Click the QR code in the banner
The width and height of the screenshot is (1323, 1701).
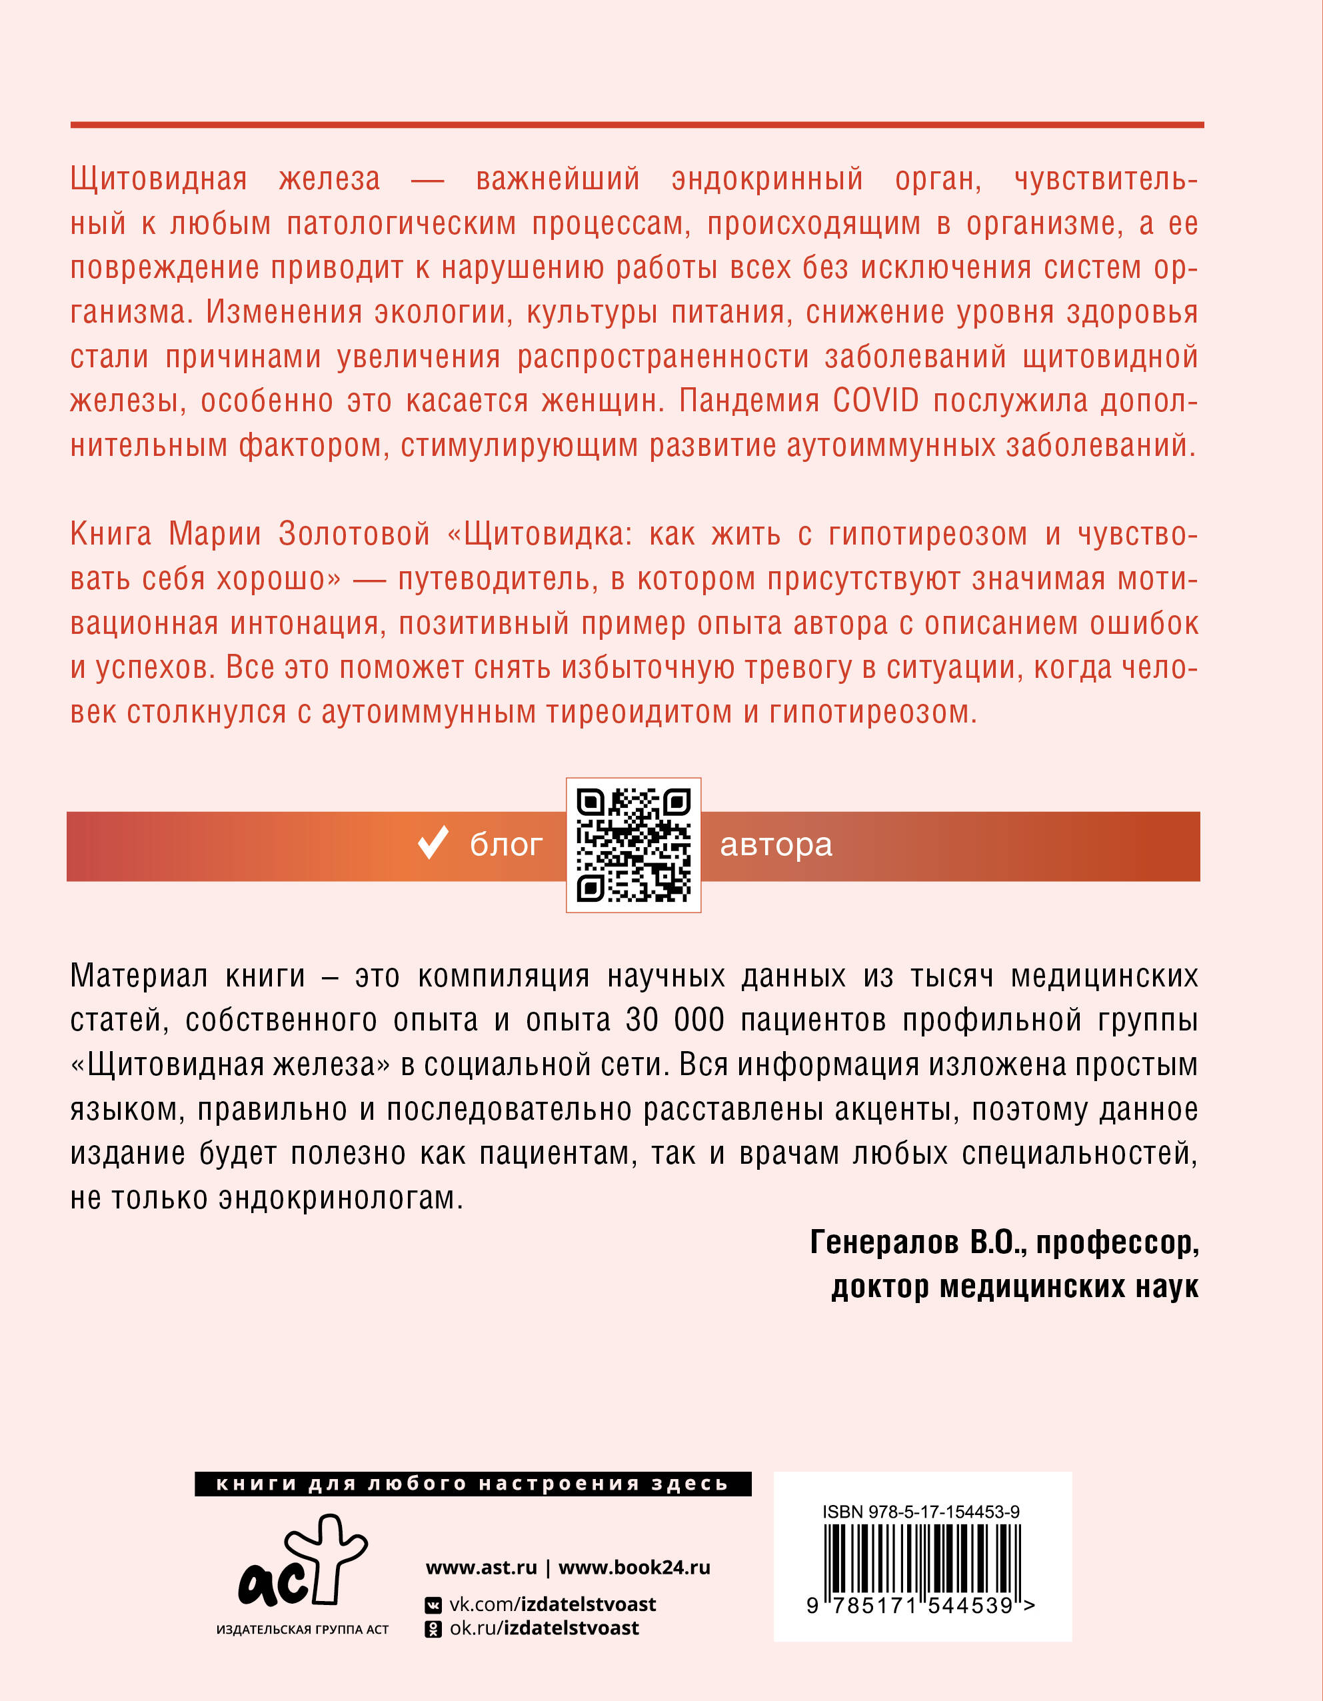[x=633, y=845]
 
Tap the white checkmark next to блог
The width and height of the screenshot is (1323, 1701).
[x=433, y=843]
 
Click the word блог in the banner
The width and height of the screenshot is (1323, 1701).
[x=506, y=845]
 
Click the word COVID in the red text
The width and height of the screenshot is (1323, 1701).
[x=875, y=401]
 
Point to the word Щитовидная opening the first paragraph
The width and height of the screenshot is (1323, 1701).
[x=159, y=180]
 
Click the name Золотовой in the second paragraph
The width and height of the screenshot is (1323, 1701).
[x=355, y=535]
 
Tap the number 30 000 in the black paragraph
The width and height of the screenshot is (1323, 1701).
[x=675, y=1020]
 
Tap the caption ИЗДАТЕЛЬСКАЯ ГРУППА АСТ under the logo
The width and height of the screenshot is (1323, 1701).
[x=302, y=1629]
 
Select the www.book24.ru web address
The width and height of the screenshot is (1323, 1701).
[x=634, y=1567]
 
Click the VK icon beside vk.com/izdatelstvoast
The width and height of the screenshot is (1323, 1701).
[x=432, y=1605]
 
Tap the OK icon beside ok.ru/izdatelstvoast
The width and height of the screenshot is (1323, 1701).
[x=432, y=1628]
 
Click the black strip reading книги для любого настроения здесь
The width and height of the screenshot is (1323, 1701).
[x=473, y=1484]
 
